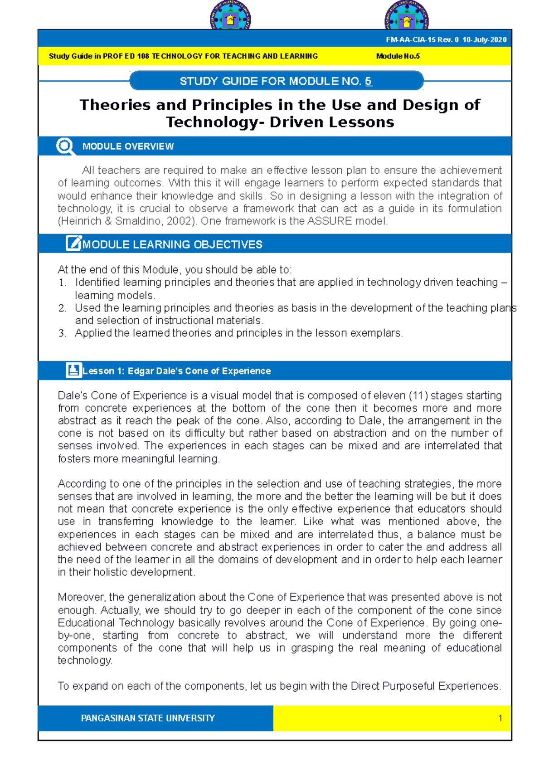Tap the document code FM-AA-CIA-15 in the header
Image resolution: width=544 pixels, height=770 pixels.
(410, 39)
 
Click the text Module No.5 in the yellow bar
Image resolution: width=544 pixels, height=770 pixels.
(398, 56)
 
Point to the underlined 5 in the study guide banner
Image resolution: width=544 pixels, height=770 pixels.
(368, 81)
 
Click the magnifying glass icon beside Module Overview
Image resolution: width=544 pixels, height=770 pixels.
(65, 146)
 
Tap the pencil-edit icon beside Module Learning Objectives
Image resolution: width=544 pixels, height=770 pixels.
(73, 244)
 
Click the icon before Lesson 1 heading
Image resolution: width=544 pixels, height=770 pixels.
(73, 370)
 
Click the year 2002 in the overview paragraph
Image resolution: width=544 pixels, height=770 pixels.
(182, 221)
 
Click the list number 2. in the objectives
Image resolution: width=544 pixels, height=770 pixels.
(62, 308)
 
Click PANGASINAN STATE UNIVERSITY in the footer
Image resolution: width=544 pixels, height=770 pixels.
(148, 718)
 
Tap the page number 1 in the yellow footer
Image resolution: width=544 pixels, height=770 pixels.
(500, 718)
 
